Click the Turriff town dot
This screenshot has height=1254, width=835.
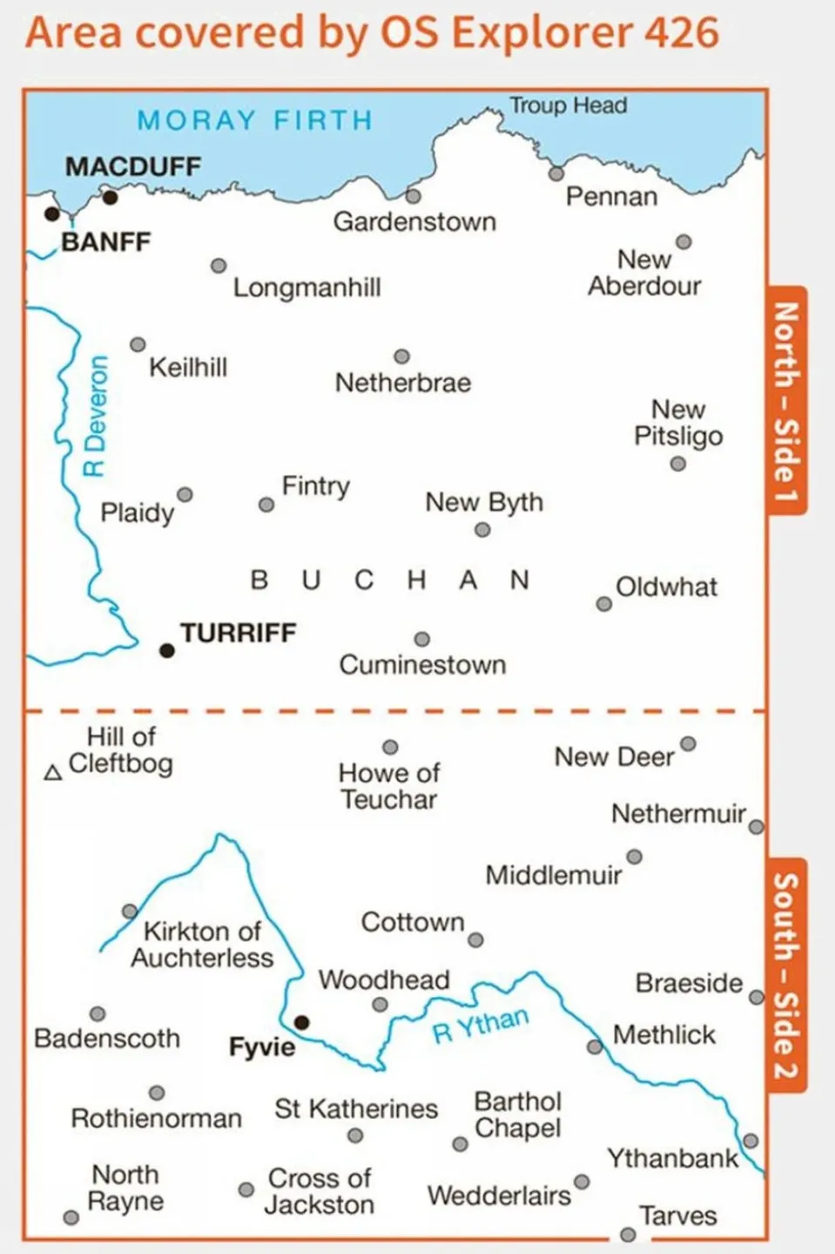click(167, 650)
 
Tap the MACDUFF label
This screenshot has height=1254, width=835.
click(133, 166)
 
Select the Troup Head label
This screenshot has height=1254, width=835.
click(568, 105)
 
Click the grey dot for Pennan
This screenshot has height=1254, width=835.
click(556, 173)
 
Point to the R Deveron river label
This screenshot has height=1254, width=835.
click(95, 416)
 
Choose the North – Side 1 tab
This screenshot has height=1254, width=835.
click(786, 401)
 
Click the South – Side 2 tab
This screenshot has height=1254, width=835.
click(786, 975)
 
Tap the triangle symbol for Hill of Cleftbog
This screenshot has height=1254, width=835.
click(53, 772)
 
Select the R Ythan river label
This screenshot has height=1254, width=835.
click(481, 1025)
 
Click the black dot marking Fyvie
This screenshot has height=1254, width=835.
click(301, 1022)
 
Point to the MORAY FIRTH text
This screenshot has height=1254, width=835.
click(254, 120)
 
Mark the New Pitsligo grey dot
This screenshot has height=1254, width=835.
click(678, 464)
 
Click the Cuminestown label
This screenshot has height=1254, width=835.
click(422, 665)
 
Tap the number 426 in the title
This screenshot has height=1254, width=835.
click(682, 33)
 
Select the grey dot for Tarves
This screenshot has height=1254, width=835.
click(628, 1234)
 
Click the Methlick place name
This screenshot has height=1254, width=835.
click(663, 1034)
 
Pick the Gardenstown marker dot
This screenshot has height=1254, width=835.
click(414, 196)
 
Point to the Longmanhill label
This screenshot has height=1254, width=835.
click(306, 288)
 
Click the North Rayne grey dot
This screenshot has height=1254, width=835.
click(71, 1217)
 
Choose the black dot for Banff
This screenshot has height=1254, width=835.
click(52, 214)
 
